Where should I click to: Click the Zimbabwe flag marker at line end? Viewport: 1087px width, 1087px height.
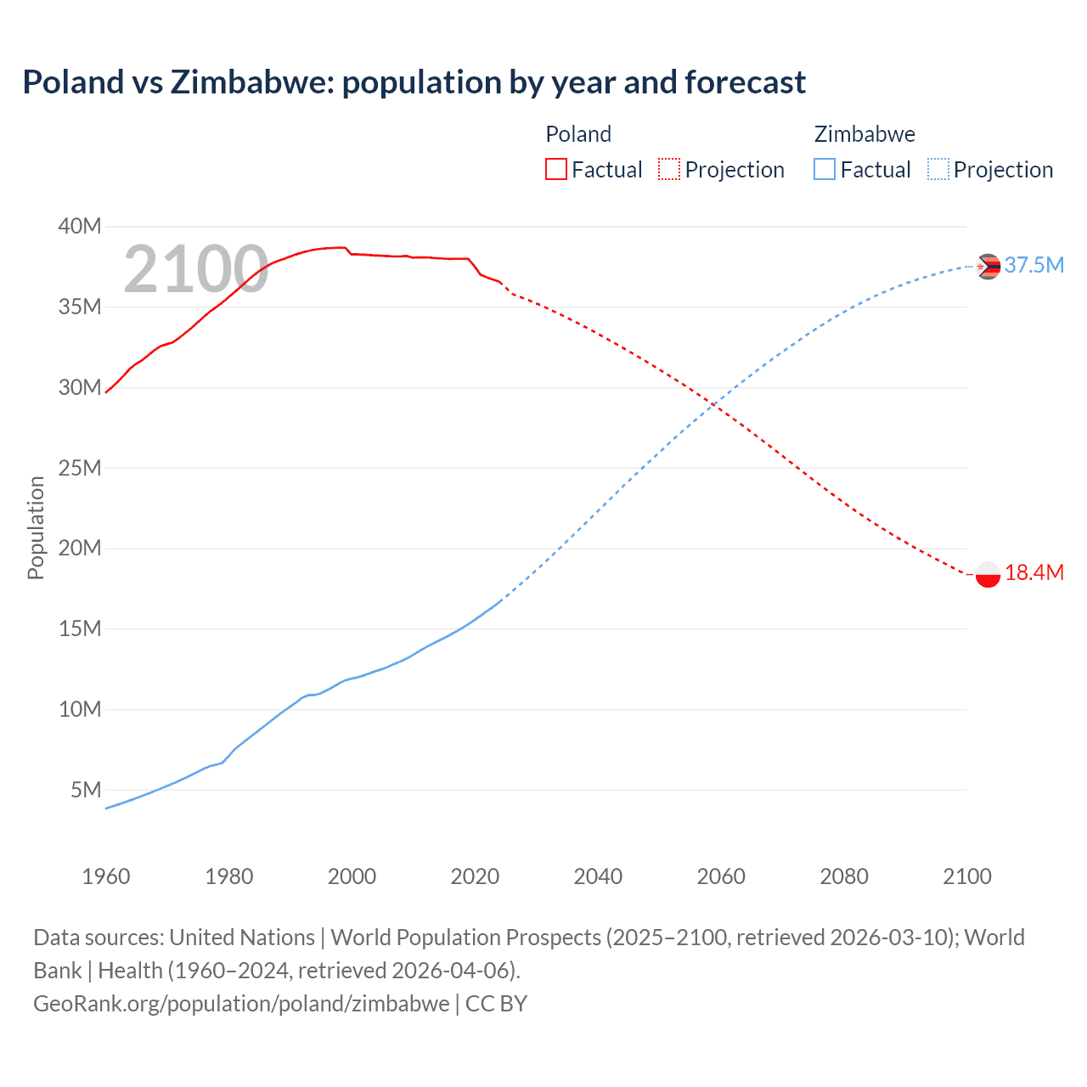click(988, 267)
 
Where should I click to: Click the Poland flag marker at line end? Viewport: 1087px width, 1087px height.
click(988, 574)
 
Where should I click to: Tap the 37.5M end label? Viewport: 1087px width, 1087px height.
click(1033, 266)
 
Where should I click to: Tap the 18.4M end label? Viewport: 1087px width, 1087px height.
click(1033, 573)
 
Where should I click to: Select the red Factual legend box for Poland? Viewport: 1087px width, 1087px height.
click(555, 169)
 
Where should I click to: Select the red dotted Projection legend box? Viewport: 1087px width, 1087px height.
click(669, 169)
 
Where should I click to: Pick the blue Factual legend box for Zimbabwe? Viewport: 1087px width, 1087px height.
click(824, 169)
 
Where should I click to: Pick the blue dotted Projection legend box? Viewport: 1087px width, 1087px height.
click(938, 169)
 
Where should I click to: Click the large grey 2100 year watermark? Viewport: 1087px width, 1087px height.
click(196, 270)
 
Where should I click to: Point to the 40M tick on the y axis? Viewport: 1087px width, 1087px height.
click(80, 226)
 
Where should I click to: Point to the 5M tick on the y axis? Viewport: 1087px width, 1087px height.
click(86, 790)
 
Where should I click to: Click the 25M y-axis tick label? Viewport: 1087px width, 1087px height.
click(80, 468)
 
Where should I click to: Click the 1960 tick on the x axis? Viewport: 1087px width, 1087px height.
click(106, 876)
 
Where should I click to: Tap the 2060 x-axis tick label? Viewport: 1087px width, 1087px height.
click(721, 876)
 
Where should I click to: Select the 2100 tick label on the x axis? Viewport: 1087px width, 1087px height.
click(966, 876)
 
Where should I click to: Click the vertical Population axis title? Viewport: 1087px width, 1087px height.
click(36, 527)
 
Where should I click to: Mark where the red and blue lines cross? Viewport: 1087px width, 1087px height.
click(715, 407)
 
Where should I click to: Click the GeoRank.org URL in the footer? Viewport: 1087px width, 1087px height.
click(241, 1004)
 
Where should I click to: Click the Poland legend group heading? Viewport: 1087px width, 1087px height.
click(578, 134)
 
